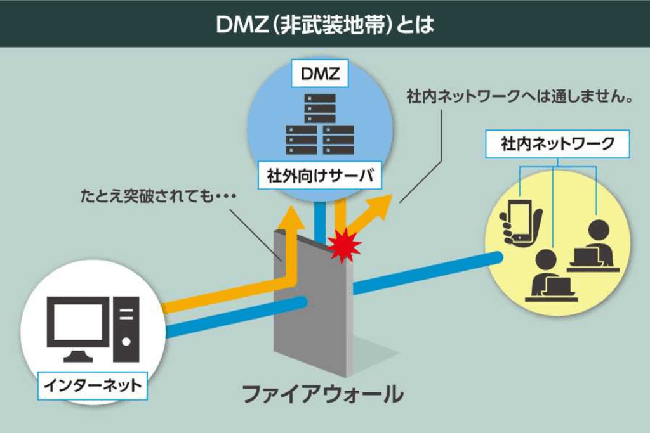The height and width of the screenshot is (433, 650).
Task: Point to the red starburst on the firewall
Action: pos(343,244)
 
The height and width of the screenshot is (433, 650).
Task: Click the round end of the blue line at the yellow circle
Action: pos(496,258)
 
